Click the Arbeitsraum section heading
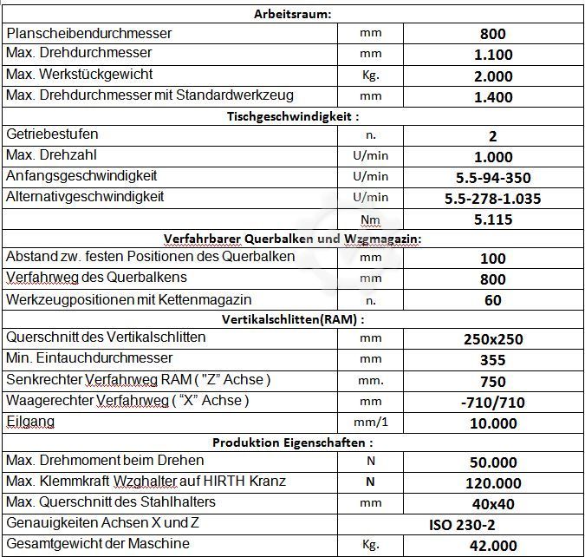293,14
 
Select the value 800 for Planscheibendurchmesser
493,35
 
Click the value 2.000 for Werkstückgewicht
493,76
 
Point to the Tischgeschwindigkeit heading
293,116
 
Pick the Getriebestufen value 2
493,136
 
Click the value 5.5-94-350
493,178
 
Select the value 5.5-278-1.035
493,199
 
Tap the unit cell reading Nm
370,220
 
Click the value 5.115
493,220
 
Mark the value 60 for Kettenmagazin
493,300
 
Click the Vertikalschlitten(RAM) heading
293,319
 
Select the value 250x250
493,339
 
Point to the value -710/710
493,402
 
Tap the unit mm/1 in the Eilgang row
370,423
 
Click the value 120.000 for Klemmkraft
493,483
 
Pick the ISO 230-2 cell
462,524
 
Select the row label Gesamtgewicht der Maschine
98,544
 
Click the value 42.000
493,546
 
